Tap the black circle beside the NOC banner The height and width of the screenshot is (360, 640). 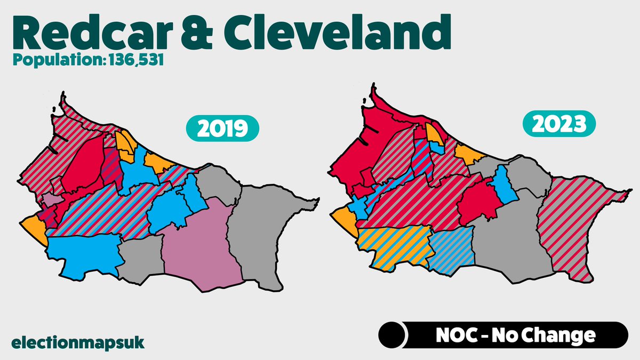[393, 335]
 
